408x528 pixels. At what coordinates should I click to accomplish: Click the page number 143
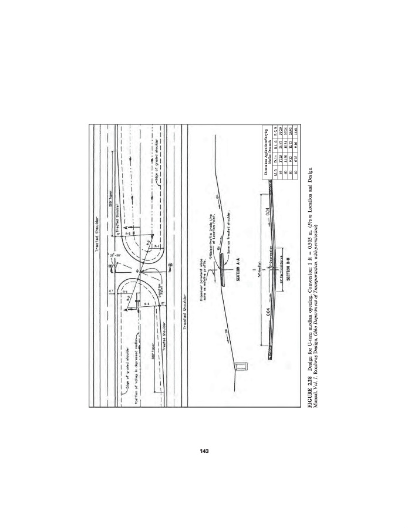[204, 451]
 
